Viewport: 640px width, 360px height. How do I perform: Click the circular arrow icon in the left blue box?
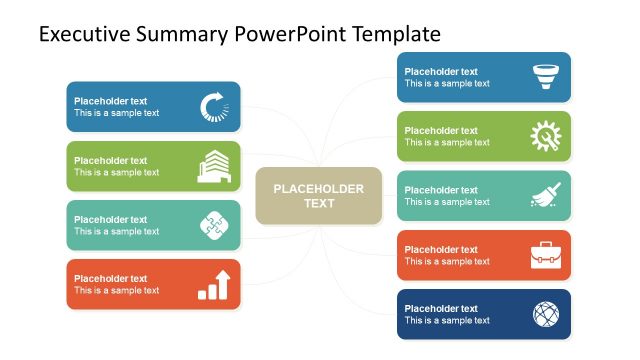213,107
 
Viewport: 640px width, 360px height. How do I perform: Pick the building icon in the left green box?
213,166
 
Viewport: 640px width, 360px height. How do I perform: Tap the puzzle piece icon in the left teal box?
213,225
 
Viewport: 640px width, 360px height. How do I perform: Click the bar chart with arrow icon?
213,284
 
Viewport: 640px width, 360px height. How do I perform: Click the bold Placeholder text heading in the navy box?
441,308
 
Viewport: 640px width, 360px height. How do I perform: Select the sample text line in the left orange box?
116,291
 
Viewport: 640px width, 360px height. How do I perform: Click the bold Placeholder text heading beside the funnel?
441,71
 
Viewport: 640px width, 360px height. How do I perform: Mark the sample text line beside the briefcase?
447,262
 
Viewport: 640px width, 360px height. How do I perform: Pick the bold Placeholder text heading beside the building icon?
110,160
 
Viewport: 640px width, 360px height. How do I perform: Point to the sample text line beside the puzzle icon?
116,232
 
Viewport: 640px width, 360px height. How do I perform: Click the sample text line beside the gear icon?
447,143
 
